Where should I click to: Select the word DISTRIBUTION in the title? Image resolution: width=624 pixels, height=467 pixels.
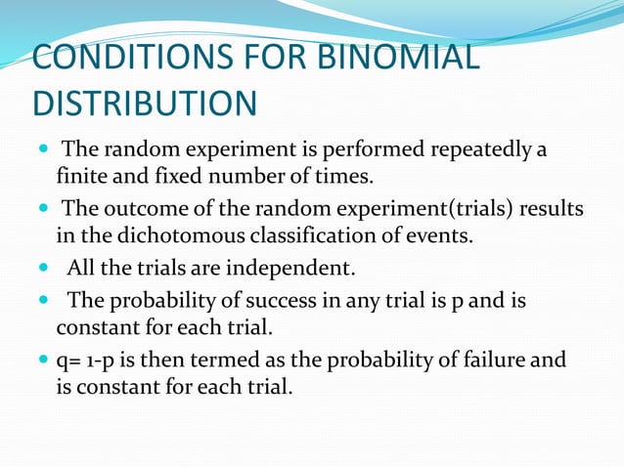click(145, 103)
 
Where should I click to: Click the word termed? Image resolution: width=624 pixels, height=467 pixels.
click(214, 360)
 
